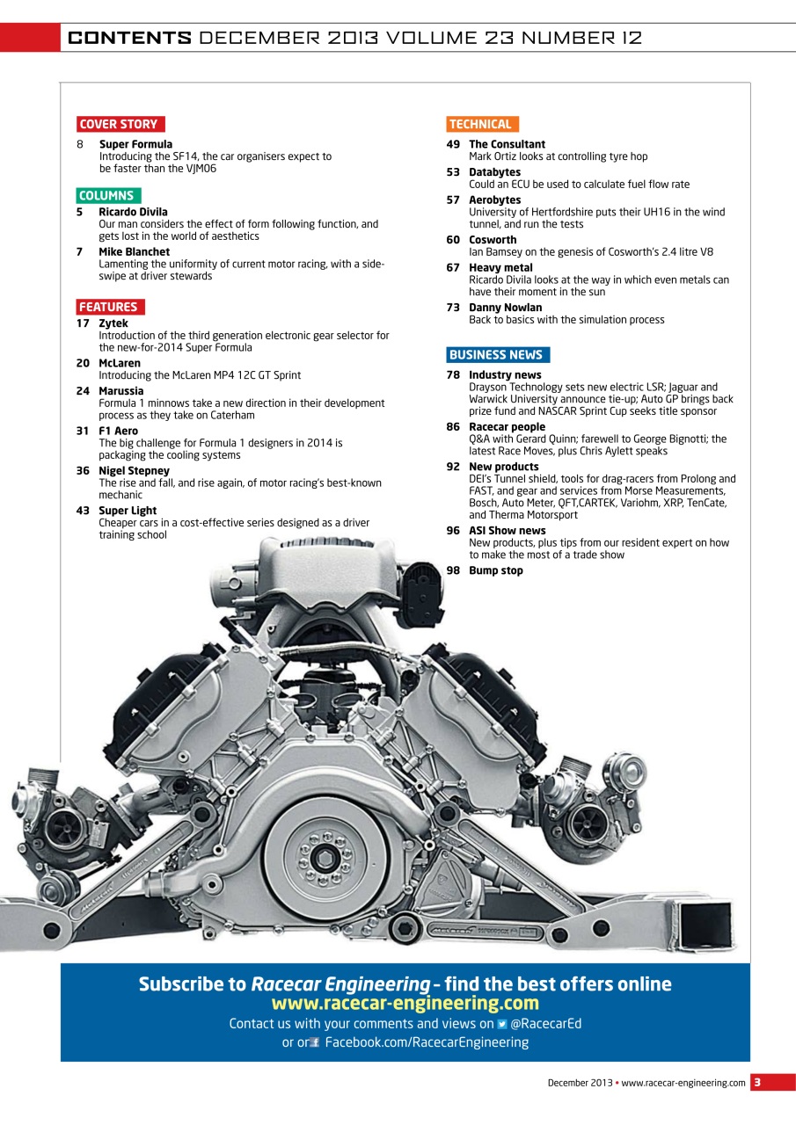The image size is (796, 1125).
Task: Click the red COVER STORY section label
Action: (120, 125)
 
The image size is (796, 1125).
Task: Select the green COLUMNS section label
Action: (107, 196)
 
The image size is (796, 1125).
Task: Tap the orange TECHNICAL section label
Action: (481, 125)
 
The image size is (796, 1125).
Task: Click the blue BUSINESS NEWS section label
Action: (497, 355)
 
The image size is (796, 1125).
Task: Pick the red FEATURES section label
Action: (109, 307)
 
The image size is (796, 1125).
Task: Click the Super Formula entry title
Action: (135, 144)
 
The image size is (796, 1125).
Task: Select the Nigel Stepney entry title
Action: (134, 471)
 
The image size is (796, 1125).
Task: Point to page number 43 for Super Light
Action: (83, 511)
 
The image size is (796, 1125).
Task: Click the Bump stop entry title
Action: (495, 571)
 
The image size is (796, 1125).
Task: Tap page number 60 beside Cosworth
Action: (453, 240)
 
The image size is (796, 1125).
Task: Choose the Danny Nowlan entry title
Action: (505, 308)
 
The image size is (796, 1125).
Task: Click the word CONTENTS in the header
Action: (129, 38)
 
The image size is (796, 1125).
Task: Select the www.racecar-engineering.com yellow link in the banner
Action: (405, 1004)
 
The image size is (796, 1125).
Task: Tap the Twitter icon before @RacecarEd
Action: (502, 1024)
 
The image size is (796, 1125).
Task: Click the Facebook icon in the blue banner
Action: (314, 1043)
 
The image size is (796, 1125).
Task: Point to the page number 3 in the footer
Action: (756, 1083)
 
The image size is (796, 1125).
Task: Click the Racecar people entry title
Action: (507, 427)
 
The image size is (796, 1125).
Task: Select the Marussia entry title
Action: (120, 391)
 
